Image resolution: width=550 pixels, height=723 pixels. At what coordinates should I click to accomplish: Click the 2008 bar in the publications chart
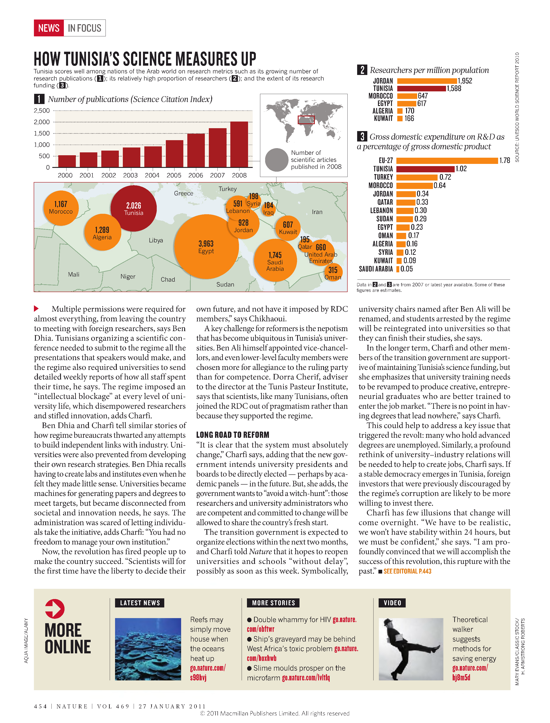pyautogui.click(x=239, y=144)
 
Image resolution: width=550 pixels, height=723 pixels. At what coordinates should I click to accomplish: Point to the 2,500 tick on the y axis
pyautogui.click(x=42, y=111)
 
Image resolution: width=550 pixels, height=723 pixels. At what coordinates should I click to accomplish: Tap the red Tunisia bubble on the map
pyautogui.click(x=134, y=208)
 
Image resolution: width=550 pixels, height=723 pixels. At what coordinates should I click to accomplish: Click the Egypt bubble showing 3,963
pyautogui.click(x=206, y=247)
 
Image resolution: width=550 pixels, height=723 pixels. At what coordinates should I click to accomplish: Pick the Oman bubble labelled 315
pyautogui.click(x=333, y=272)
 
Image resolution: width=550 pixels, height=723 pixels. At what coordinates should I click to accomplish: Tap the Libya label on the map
pyautogui.click(x=156, y=240)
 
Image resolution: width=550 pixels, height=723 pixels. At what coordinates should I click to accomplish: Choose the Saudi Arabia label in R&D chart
pyautogui.click(x=376, y=269)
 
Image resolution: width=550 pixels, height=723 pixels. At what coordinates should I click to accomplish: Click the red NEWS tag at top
pyautogui.click(x=49, y=28)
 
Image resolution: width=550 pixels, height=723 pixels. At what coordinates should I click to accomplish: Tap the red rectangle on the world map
pyautogui.click(x=306, y=120)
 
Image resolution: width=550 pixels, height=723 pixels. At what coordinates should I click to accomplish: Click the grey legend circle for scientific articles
pyautogui.click(x=277, y=160)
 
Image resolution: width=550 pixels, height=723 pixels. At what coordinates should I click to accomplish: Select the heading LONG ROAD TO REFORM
pyautogui.click(x=233, y=435)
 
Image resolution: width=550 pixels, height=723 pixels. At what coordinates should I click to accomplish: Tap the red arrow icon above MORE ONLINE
pyautogui.click(x=55, y=609)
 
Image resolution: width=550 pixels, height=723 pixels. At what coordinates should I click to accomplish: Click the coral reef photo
pyautogui.click(x=148, y=649)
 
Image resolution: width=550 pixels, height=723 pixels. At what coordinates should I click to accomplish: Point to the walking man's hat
pyautogui.click(x=389, y=621)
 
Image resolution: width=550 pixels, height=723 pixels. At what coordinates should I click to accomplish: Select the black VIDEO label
pyautogui.click(x=392, y=603)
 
